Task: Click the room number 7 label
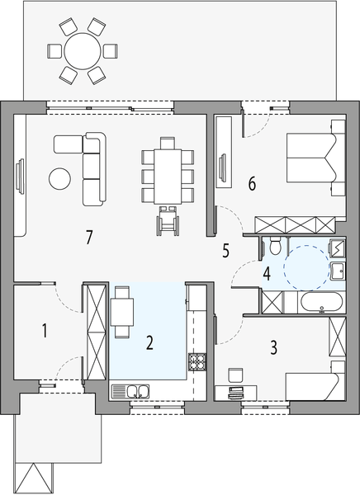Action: tap(88, 237)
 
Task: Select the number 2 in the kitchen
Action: tap(149, 342)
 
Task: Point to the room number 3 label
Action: tap(272, 346)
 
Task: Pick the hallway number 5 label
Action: tap(225, 251)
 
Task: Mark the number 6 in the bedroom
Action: tap(252, 182)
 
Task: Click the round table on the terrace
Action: tap(82, 51)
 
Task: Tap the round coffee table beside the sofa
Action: tap(59, 177)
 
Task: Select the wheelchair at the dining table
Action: tap(168, 219)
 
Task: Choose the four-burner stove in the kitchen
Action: tap(198, 361)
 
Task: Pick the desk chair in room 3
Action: tap(234, 375)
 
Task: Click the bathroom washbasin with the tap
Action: tap(337, 271)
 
